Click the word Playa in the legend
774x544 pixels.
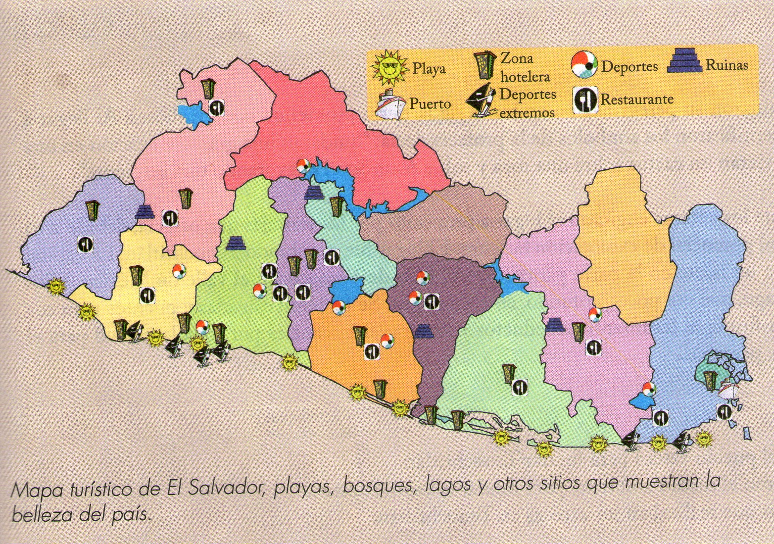(429, 69)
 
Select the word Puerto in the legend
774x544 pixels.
(430, 103)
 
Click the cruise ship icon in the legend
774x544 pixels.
(391, 104)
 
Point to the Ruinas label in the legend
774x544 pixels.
(726, 65)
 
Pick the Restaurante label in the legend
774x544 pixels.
(636, 99)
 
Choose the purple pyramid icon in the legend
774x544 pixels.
(685, 61)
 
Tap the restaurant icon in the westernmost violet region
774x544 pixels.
(85, 244)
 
